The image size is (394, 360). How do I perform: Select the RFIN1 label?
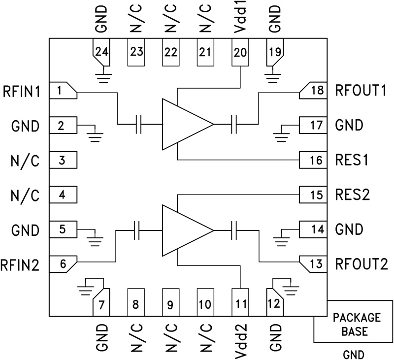pos(22,91)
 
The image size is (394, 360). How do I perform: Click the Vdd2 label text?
pos(240,339)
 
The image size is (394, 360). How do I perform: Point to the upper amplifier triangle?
pos(185,124)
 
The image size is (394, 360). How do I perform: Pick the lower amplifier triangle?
pos(185,230)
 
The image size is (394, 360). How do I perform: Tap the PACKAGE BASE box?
pos(354,324)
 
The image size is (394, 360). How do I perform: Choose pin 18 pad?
pos(313,90)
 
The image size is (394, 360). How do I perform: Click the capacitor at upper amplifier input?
pos(139,125)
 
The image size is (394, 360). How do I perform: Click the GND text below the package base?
pos(354,353)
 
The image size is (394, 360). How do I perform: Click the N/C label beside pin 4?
pos(25,195)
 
